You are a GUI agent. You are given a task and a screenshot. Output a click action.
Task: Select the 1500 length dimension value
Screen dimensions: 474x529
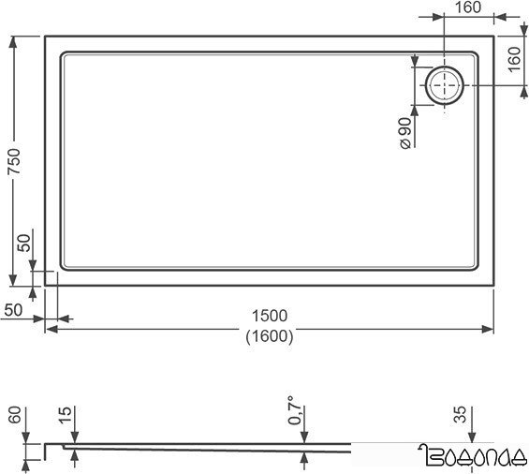269,315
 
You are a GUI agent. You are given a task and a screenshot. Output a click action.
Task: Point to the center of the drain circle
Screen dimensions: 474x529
443,85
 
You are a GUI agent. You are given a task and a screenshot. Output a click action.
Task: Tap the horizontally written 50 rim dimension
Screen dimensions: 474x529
13,309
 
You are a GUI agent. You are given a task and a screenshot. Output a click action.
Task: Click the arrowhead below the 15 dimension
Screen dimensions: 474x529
73,456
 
